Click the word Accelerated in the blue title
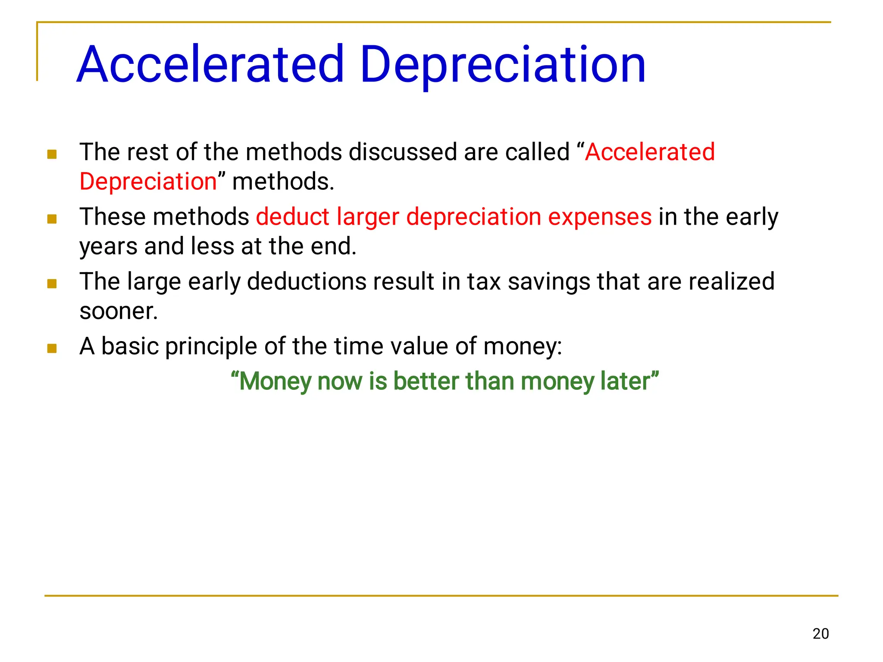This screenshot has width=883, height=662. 210,65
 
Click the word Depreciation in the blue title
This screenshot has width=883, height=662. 502,65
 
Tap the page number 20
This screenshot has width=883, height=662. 820,634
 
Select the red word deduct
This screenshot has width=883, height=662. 293,216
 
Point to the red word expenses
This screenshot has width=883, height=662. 600,217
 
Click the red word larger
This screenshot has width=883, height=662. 368,217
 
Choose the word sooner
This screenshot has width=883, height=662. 119,311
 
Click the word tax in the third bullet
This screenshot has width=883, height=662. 484,282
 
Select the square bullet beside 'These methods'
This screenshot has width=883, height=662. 52,219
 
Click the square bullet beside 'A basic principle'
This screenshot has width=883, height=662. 52,348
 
